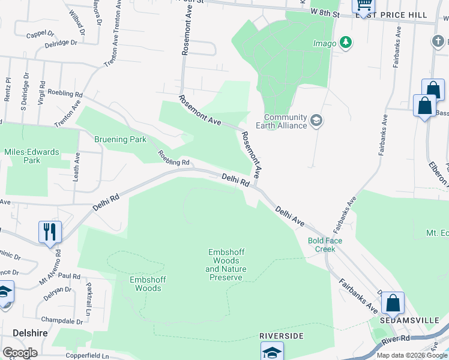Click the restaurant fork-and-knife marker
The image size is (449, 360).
(50, 232)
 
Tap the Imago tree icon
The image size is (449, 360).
(345, 43)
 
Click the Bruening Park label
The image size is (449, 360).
(120, 140)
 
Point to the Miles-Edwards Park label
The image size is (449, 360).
(31, 156)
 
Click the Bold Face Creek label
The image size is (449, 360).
(325, 245)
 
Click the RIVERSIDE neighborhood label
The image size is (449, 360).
(282, 335)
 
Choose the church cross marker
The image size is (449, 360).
(438, 41)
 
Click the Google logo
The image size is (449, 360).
(20, 353)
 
